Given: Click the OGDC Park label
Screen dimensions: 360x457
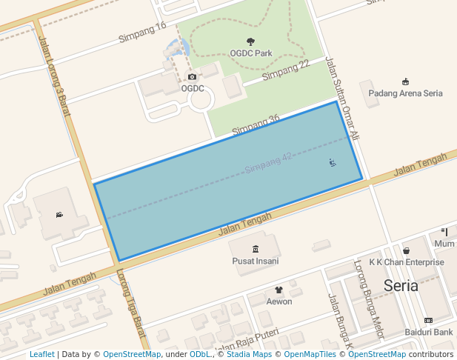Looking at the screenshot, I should click(250, 53).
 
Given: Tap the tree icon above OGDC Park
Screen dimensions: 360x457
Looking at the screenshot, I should click(250, 42).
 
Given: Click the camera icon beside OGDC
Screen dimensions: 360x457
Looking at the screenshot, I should click(193, 77).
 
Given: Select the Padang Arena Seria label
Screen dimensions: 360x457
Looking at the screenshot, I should click(405, 93).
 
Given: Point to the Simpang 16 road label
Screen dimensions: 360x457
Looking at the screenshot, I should click(142, 32).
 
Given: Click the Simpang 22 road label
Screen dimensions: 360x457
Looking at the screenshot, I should click(285, 70).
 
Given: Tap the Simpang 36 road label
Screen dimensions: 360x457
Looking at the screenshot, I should click(256, 124).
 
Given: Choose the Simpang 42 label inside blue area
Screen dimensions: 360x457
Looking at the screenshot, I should click(268, 163).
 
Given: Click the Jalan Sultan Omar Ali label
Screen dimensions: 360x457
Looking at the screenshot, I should click(341, 99).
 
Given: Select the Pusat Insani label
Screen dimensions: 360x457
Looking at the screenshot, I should click(255, 261).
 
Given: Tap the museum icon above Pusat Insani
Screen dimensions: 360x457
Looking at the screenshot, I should click(256, 248).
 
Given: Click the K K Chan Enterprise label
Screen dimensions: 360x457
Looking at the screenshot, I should click(406, 262).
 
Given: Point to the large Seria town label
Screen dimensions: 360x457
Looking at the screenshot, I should click(401, 285).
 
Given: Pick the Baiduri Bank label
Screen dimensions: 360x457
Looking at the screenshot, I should click(428, 333).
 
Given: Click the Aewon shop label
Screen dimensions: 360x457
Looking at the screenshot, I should click(279, 301).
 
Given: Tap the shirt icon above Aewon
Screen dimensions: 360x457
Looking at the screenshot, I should click(279, 290).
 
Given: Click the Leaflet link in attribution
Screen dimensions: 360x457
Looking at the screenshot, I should click(42, 354).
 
